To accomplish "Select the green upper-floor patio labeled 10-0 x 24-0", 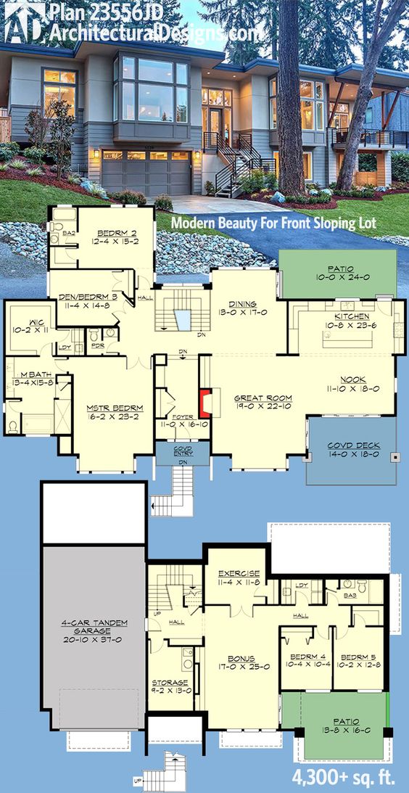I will point(339,272).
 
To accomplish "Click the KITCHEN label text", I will point(352,316).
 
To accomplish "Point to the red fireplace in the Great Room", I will point(206,400).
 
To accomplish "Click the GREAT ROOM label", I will point(263,398).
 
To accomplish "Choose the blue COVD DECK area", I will point(352,449).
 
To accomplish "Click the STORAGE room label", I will point(170,683).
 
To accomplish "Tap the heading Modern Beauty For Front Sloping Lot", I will point(273,223).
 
